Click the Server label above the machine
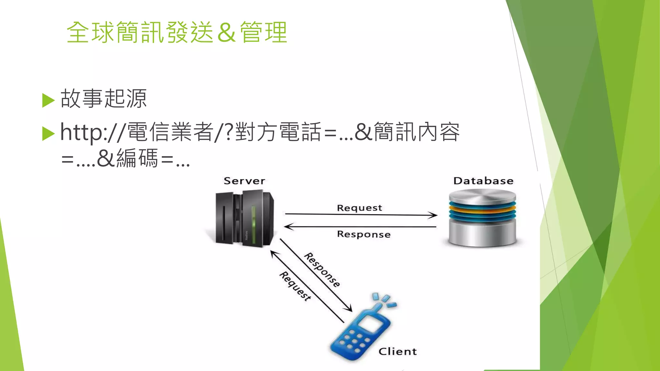pos(244,181)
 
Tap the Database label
pos(483,181)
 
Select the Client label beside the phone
pos(397,351)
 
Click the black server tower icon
pos(244,219)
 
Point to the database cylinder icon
pos(482,218)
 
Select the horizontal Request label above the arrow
pos(359,208)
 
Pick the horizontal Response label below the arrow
pos(364,234)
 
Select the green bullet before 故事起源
pos(48,100)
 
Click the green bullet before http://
pos(48,134)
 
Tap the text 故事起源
pos(103,99)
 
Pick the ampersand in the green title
pos(226,33)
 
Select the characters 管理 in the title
pos(264,33)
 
